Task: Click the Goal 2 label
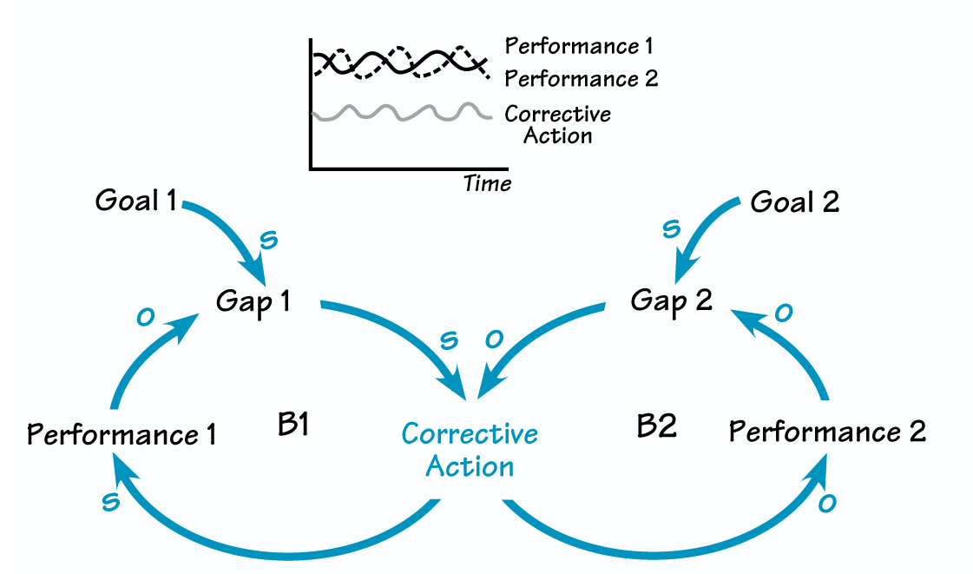794,202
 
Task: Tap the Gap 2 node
671,301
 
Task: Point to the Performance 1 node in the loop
122,433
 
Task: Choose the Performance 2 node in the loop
827,431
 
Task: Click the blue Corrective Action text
470,450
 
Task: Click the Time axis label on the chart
487,183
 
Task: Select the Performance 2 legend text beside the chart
581,79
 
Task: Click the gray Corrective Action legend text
557,124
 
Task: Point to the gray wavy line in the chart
395,114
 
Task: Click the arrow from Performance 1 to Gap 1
130,356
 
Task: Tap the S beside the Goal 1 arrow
269,240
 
